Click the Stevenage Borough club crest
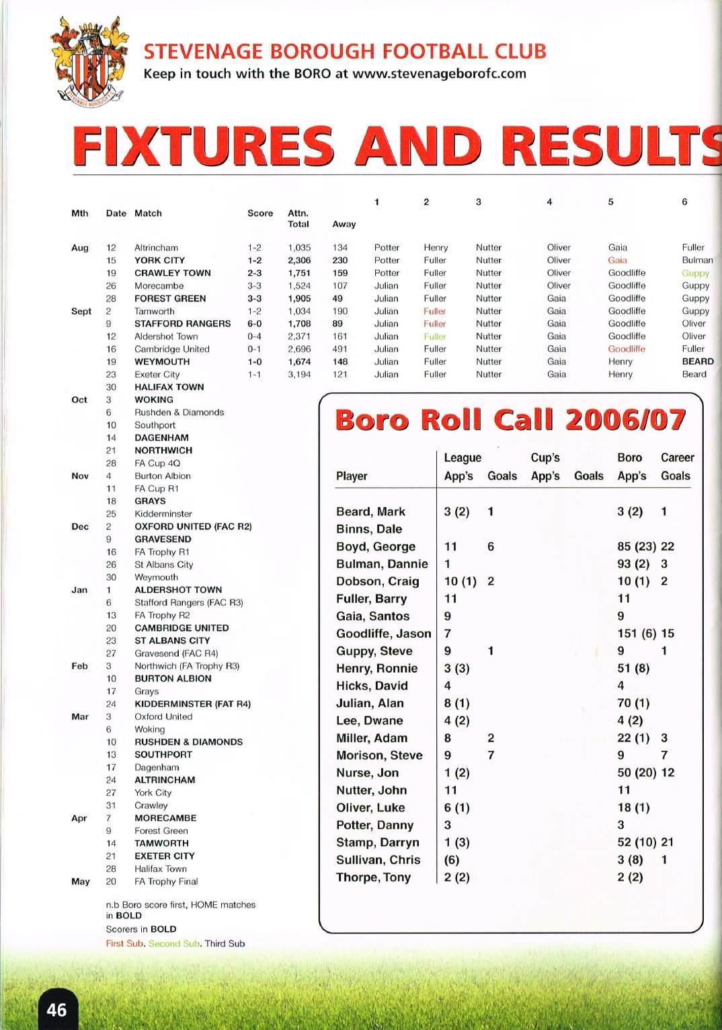[89, 64]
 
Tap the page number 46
[56, 1009]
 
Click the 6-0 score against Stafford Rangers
[255, 324]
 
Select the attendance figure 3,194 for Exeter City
[299, 375]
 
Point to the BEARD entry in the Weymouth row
[697, 362]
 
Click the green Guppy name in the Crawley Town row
[695, 273]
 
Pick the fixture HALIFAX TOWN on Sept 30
[169, 388]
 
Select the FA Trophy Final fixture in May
[166, 881]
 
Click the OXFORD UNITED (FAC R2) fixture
[193, 527]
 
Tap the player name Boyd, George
[375, 547]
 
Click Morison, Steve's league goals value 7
[491, 756]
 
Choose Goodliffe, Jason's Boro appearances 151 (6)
[636, 634]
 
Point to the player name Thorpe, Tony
[373, 877]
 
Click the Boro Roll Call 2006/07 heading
[510, 420]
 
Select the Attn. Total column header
[298, 219]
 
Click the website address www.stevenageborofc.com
[439, 73]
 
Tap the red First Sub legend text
[124, 943]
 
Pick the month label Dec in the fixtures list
[79, 527]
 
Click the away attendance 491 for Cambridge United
[340, 349]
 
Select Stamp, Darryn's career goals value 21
[667, 842]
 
